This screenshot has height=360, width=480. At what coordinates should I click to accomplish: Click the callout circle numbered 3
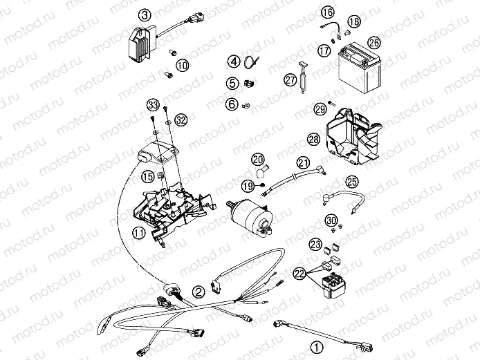point(144,15)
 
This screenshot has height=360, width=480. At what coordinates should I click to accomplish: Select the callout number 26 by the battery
point(373,42)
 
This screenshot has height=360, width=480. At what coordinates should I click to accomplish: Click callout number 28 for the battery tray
point(313,140)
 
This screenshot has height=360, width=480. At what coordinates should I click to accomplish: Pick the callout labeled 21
point(302,163)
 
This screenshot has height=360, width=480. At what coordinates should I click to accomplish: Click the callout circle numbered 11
point(140,234)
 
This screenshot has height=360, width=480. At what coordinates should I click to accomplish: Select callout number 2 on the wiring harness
point(199,292)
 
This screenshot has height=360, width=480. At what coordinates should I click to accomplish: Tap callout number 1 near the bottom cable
point(316,348)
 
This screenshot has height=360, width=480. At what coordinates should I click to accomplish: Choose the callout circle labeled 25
point(352,182)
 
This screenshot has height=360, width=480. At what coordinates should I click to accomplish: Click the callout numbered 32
point(181,119)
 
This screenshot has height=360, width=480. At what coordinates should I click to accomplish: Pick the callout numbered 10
point(182,66)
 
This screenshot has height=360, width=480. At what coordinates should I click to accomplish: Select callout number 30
point(332,220)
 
